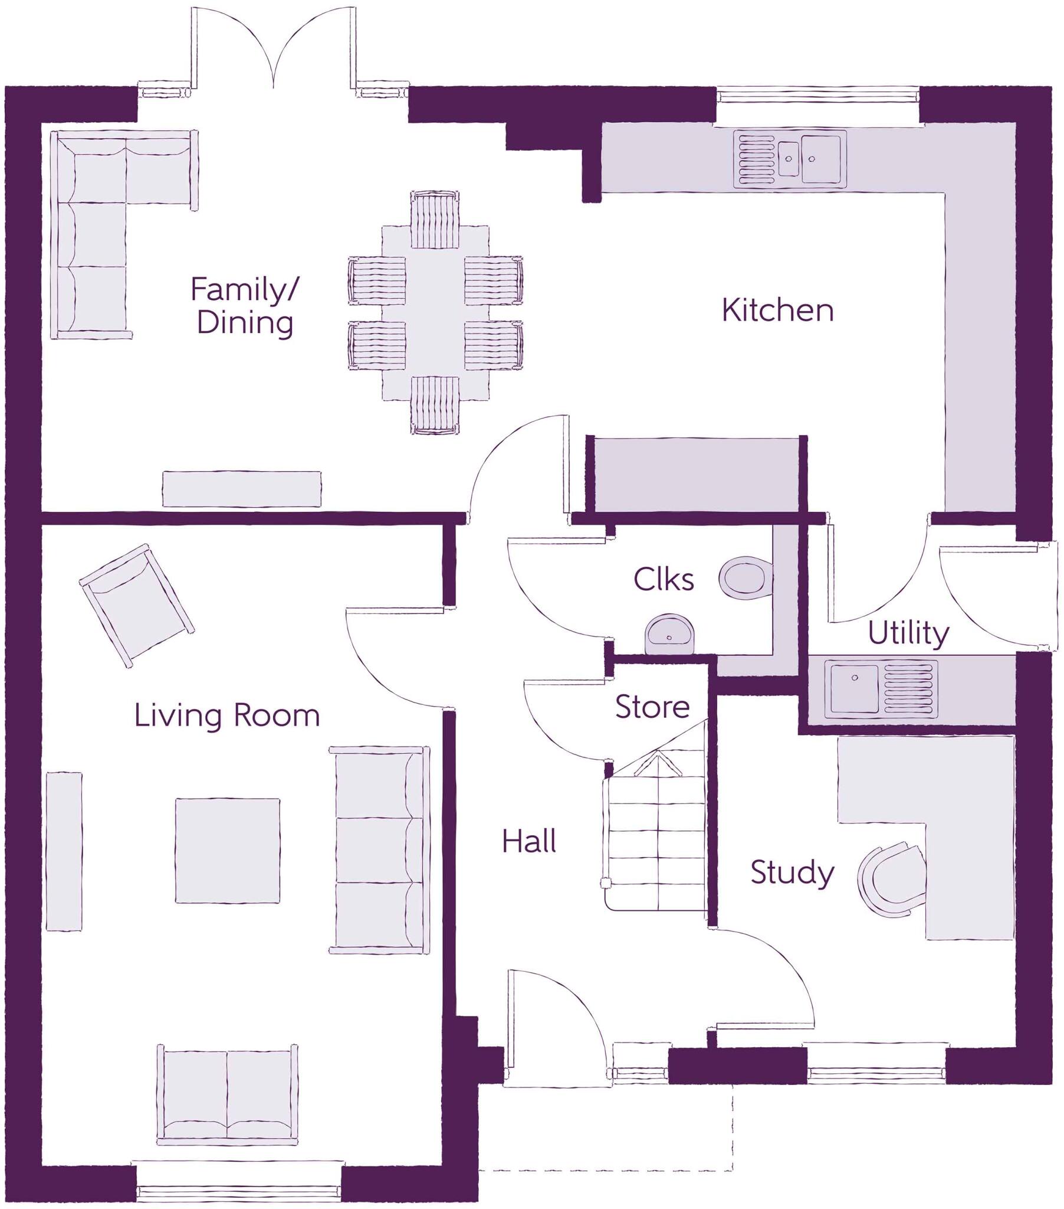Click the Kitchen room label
(x=777, y=311)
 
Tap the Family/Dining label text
(x=244, y=306)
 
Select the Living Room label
(x=226, y=715)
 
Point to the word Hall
(x=528, y=842)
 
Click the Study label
(x=792, y=872)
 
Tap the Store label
(x=652, y=707)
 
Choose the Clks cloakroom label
(x=663, y=580)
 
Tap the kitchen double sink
(x=790, y=159)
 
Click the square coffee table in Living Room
(x=227, y=851)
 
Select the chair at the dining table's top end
(x=435, y=220)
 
